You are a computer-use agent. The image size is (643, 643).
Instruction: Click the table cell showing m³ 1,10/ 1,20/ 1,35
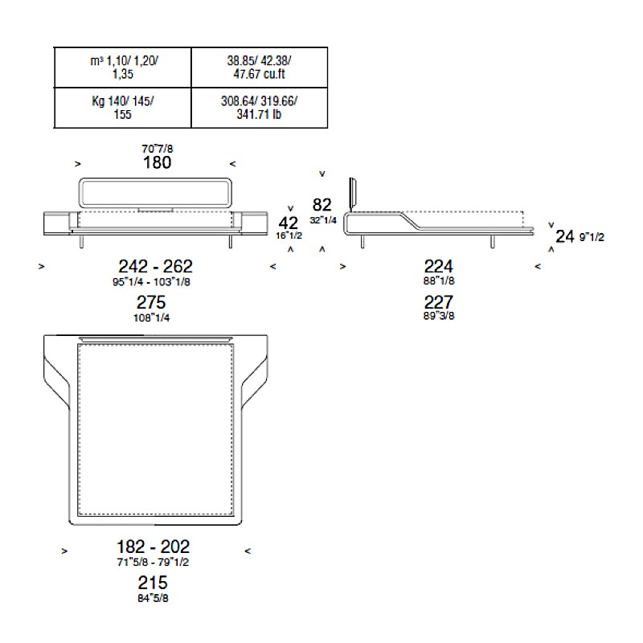pos(123,68)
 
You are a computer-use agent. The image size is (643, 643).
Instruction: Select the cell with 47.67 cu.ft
pos(259,68)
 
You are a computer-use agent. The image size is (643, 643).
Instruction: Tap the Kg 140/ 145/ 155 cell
pos(123,108)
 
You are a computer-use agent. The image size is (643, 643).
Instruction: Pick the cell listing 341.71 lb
pos(259,108)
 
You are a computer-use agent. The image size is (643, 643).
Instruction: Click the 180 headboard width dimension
pos(157,163)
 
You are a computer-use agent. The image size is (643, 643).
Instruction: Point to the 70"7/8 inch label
pos(158,149)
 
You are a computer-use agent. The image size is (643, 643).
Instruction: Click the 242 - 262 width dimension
pos(155,267)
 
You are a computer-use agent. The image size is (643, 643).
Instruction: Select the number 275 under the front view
pos(151,303)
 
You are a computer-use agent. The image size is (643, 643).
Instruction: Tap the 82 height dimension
pos(322,205)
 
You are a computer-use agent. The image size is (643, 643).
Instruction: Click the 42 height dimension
pos(289,223)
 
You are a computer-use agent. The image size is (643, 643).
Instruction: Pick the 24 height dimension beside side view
pos(565,236)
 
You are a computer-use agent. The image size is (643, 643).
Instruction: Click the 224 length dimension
pos(439,267)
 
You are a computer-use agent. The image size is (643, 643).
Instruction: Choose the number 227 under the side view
pos(439,303)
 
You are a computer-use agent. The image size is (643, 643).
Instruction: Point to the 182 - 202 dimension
pos(153,547)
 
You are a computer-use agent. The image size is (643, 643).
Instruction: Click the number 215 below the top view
pos(153,583)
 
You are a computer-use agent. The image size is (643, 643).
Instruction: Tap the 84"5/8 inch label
pos(153,598)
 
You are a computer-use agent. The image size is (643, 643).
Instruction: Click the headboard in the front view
pos(155,179)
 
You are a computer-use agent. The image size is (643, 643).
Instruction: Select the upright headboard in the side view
pos(352,194)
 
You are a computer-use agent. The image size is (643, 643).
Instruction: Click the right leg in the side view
pos(493,242)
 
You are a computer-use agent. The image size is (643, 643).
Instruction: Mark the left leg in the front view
pos(81,242)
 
